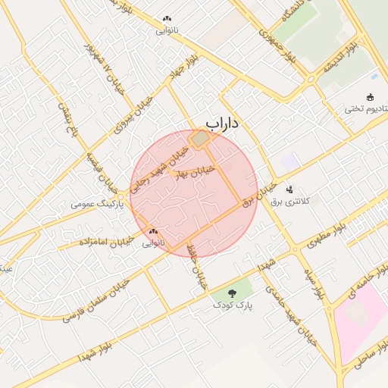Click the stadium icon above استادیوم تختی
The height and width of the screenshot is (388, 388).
(370, 97)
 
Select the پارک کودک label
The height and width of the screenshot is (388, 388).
(232, 304)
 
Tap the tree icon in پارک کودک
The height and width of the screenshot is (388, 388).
(232, 292)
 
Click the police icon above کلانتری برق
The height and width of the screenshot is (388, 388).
(289, 189)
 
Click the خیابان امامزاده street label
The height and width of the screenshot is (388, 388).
(106, 242)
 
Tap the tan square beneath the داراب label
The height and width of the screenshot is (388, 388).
(199, 140)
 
